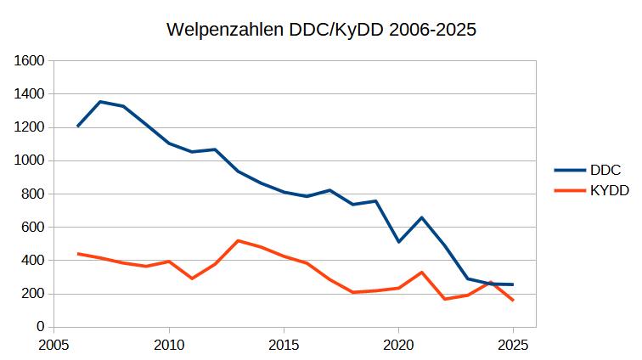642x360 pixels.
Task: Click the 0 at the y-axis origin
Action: tap(40, 327)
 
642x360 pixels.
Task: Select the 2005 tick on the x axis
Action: tap(54, 345)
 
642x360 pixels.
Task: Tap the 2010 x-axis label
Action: tap(169, 345)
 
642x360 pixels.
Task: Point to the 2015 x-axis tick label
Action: tap(284, 345)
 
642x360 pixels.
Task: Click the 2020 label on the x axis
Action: tap(398, 345)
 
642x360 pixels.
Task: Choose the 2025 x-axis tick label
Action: tap(513, 345)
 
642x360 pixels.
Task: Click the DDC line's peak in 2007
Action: tap(100, 102)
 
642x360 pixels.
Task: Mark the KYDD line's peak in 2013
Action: tap(238, 240)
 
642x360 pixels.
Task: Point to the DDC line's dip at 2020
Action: tap(398, 242)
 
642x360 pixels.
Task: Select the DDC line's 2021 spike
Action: tap(421, 217)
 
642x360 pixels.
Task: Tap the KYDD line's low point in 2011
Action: tap(192, 278)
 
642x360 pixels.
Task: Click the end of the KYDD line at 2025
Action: tap(513, 301)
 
